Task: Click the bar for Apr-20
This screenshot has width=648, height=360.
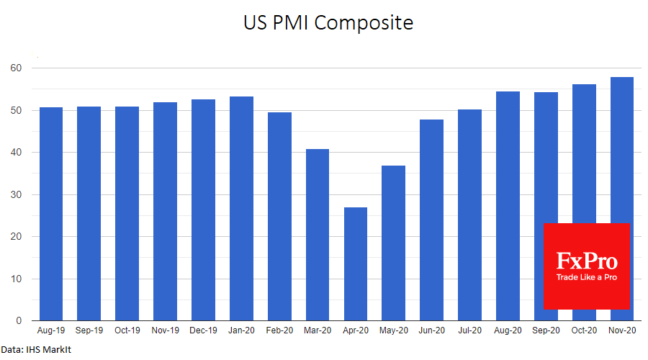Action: click(356, 264)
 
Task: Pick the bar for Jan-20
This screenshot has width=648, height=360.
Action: click(241, 209)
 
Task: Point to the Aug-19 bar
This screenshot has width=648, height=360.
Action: click(51, 214)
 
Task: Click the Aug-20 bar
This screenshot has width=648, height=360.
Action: click(508, 206)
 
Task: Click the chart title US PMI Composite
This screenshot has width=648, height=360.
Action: click(328, 23)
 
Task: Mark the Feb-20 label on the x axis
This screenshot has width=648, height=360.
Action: click(279, 330)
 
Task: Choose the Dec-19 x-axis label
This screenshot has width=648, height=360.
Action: click(203, 330)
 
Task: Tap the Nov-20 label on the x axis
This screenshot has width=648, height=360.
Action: click(621, 330)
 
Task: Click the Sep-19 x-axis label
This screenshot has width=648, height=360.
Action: click(89, 330)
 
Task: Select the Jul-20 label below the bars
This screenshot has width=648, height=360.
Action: click(469, 330)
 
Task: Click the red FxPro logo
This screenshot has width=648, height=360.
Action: click(587, 265)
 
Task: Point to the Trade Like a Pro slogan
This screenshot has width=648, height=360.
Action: click(587, 277)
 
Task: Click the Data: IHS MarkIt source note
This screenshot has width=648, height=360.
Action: click(37, 350)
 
